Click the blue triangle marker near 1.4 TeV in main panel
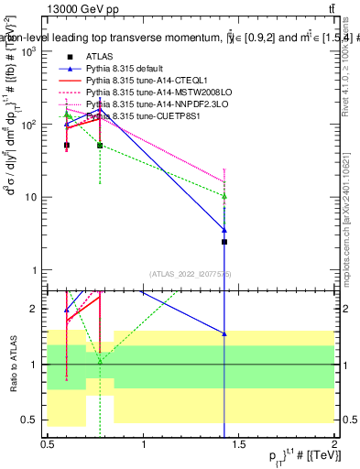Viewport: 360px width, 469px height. [224, 229]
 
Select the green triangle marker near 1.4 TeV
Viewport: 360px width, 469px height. [224, 196]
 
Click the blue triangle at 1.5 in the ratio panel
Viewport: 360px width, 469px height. [224, 333]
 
